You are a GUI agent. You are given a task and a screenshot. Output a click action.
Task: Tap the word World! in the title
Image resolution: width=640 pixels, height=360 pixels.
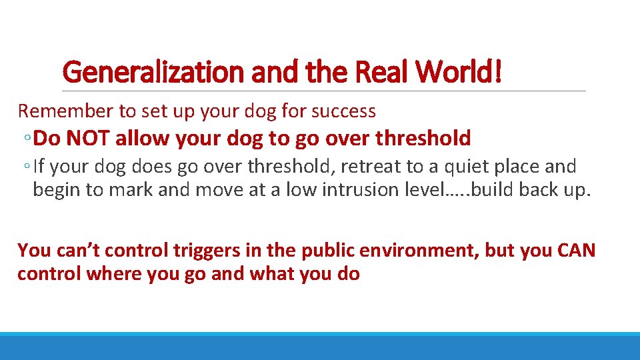464,73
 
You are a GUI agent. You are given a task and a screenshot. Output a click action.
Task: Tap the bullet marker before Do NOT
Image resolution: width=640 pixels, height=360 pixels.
26,139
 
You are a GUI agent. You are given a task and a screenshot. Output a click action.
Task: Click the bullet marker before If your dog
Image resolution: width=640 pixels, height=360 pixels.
26,167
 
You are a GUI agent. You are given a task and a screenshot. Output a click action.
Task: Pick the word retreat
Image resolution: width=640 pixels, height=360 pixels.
367,166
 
